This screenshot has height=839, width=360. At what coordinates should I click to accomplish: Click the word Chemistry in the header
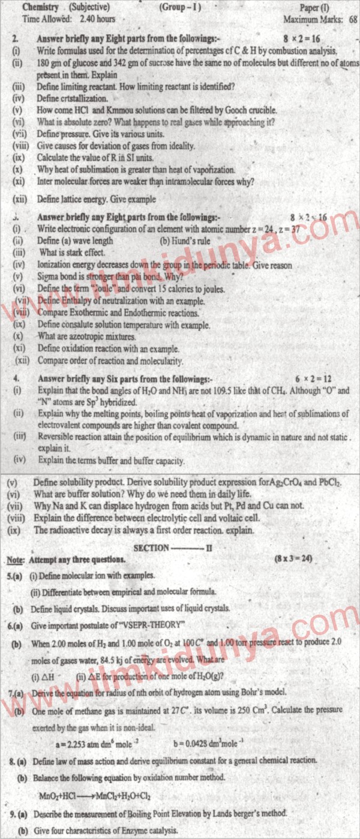(x=41, y=8)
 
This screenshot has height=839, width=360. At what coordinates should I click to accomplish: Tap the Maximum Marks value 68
(x=352, y=19)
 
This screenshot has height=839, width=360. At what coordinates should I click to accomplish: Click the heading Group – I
(x=181, y=8)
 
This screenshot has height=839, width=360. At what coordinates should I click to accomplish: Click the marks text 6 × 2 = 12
(x=314, y=380)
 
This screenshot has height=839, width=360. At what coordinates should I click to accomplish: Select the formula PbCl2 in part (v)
(x=327, y=483)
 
